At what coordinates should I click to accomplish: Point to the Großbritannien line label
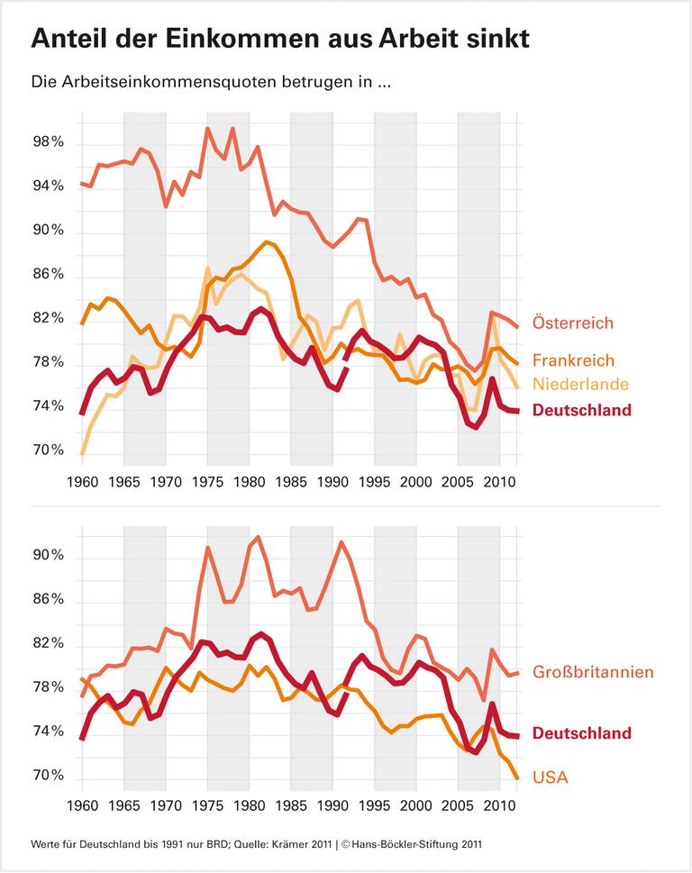[593, 672]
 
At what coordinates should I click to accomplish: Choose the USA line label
[551, 777]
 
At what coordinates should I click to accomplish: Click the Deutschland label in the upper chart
[582, 410]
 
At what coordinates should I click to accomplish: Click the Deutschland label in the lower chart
[582, 733]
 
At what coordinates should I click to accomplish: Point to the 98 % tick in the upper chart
[47, 142]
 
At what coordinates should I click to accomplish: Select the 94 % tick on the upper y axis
[47, 186]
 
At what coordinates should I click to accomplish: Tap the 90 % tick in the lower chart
[47, 557]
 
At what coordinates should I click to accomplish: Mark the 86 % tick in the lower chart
[47, 601]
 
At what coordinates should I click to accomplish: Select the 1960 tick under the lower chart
[82, 801]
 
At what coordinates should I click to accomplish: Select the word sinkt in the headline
[492, 39]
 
